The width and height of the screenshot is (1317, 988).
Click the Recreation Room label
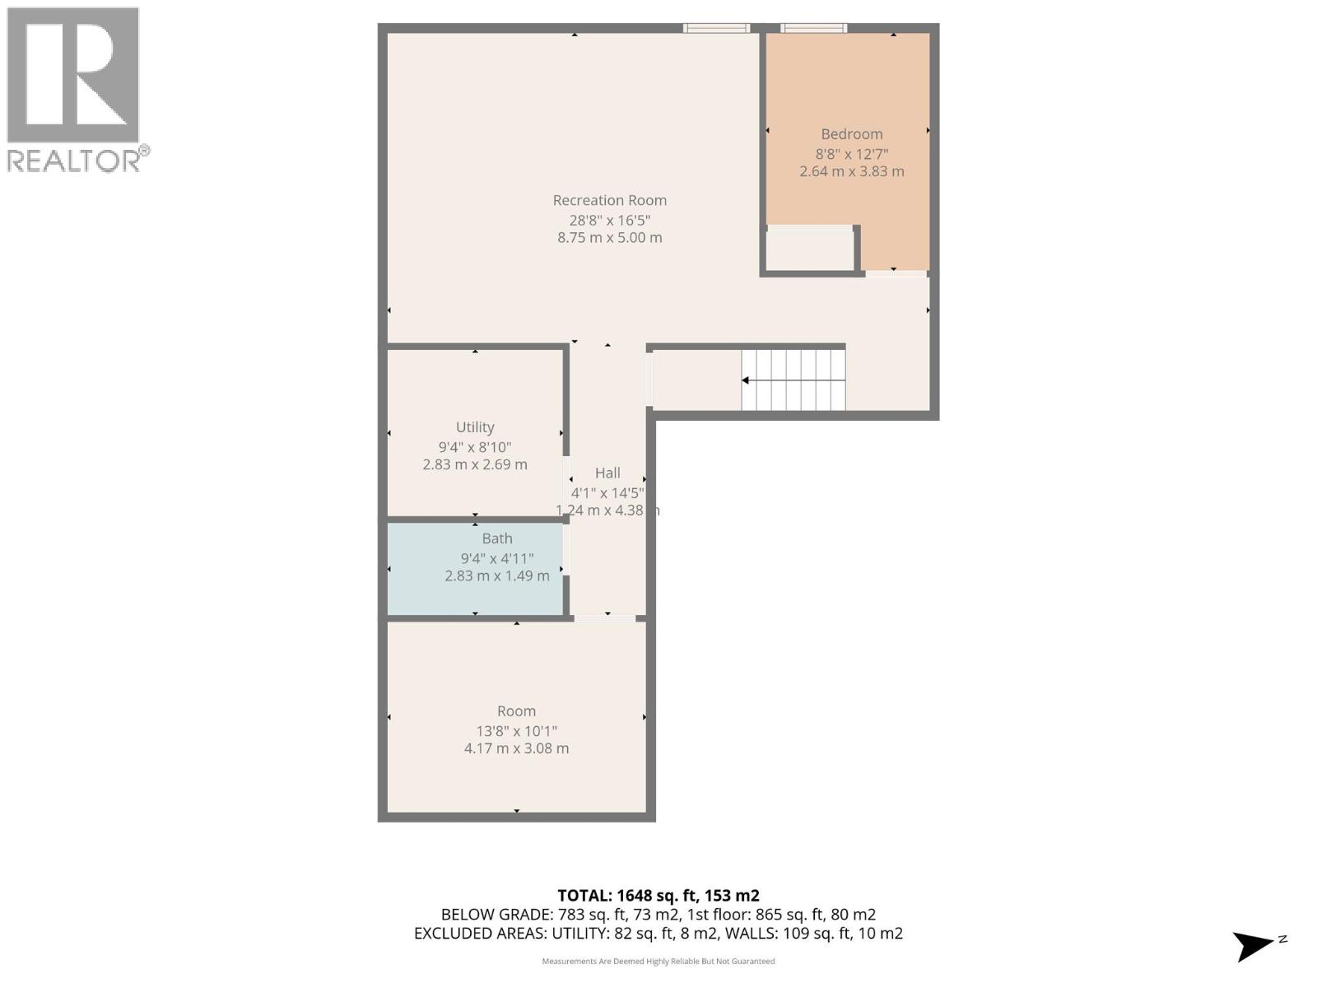pyautogui.click(x=609, y=200)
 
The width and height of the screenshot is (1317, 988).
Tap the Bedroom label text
pyautogui.click(x=851, y=134)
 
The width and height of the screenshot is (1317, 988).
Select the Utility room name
pyautogui.click(x=475, y=427)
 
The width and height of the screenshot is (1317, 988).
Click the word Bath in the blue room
pyautogui.click(x=497, y=538)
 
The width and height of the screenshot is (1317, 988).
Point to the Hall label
pyautogui.click(x=607, y=473)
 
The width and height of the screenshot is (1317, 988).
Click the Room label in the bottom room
pyautogui.click(x=516, y=711)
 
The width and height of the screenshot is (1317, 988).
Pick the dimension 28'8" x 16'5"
pyautogui.click(x=609, y=220)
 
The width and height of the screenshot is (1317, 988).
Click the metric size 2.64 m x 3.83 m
pyautogui.click(x=851, y=171)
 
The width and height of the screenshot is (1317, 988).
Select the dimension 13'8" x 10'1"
pyautogui.click(x=516, y=730)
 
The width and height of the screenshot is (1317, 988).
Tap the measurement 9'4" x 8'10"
pyautogui.click(x=475, y=447)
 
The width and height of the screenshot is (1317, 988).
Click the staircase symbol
pyautogui.click(x=793, y=380)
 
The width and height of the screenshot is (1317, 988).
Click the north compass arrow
pyautogui.click(x=1254, y=945)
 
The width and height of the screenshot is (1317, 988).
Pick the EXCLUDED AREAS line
pyautogui.click(x=658, y=934)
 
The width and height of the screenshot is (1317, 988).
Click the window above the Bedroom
pyautogui.click(x=813, y=28)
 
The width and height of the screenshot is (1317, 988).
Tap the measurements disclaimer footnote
pyautogui.click(x=658, y=961)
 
